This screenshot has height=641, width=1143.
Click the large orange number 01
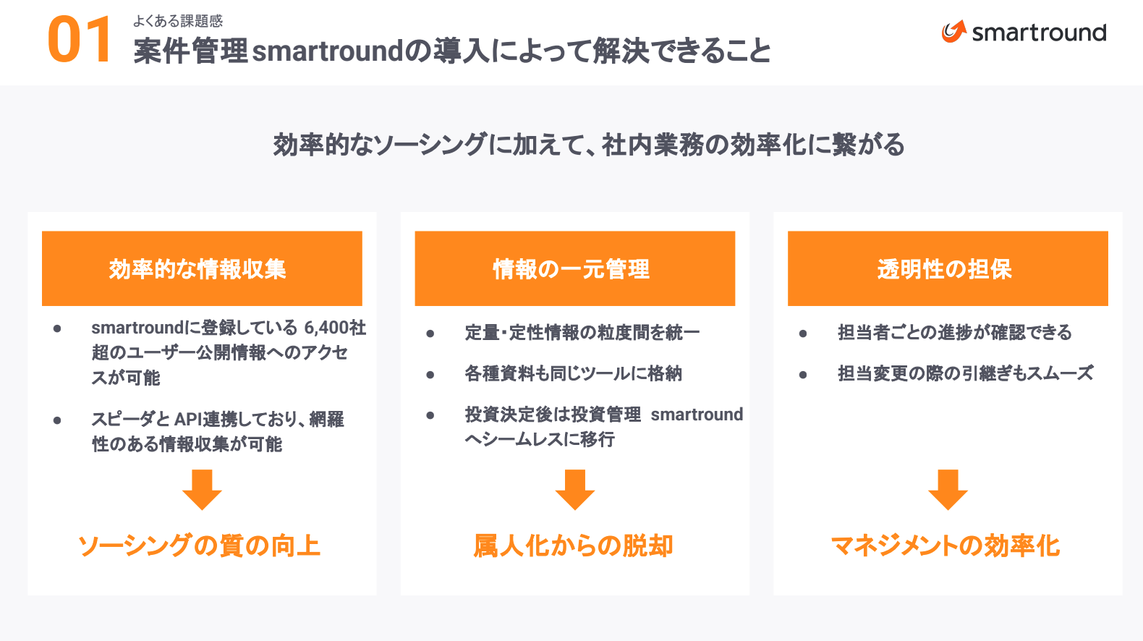pos(79,40)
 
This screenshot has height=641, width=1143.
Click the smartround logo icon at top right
pos(953,31)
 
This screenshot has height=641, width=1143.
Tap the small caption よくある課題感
pos(177,21)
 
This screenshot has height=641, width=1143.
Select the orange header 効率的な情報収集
pos(202,268)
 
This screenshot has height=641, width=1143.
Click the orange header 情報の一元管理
pos(575,268)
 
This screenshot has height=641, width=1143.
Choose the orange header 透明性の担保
pos(948,268)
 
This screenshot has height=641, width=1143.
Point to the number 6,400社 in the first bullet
pos(335,328)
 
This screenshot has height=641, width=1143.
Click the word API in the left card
pos(188,419)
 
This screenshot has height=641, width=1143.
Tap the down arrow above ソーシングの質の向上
pos(202,489)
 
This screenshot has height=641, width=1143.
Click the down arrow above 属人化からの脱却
pos(575,489)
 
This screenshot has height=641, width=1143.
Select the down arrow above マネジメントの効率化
pos(948,489)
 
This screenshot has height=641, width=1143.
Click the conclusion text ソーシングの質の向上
pos(199,546)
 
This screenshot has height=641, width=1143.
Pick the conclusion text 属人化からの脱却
pos(574,546)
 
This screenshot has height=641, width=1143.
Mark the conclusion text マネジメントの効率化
pos(946,546)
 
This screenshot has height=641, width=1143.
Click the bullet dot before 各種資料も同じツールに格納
pos(430,375)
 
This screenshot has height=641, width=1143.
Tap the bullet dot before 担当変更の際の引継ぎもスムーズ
pos(803,375)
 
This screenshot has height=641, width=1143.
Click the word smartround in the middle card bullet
pos(697,415)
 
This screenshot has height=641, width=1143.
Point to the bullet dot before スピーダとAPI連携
pos(57,420)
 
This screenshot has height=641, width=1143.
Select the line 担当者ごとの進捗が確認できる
pos(955,332)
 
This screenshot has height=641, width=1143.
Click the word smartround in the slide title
pos(328,51)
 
